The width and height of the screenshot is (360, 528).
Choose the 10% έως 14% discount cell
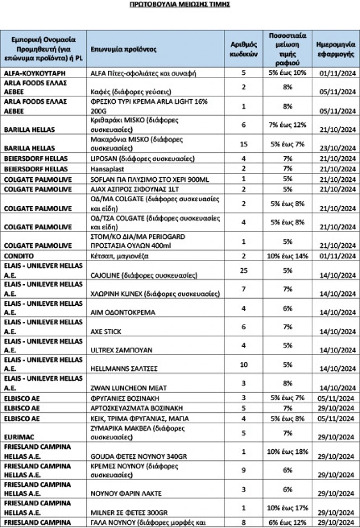286,257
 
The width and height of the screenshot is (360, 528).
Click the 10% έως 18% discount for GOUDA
286,452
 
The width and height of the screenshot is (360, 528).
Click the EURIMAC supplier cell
20,433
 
